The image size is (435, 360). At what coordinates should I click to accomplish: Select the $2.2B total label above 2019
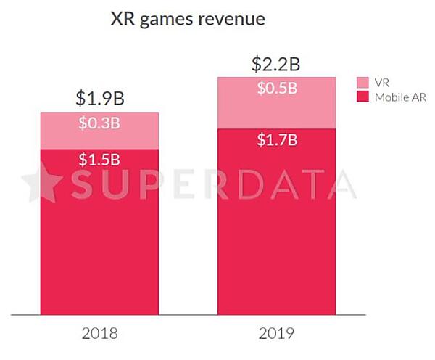275,64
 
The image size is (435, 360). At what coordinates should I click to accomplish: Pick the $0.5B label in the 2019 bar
275,89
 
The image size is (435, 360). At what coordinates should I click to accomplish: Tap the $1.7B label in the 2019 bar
275,140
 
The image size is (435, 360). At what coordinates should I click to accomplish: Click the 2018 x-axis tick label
99,335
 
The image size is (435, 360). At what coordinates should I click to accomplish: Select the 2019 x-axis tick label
275,335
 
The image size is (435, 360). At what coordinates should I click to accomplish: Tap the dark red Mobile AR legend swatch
364,97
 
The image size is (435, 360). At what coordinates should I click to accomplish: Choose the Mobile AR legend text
400,97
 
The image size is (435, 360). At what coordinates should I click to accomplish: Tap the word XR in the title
120,20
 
